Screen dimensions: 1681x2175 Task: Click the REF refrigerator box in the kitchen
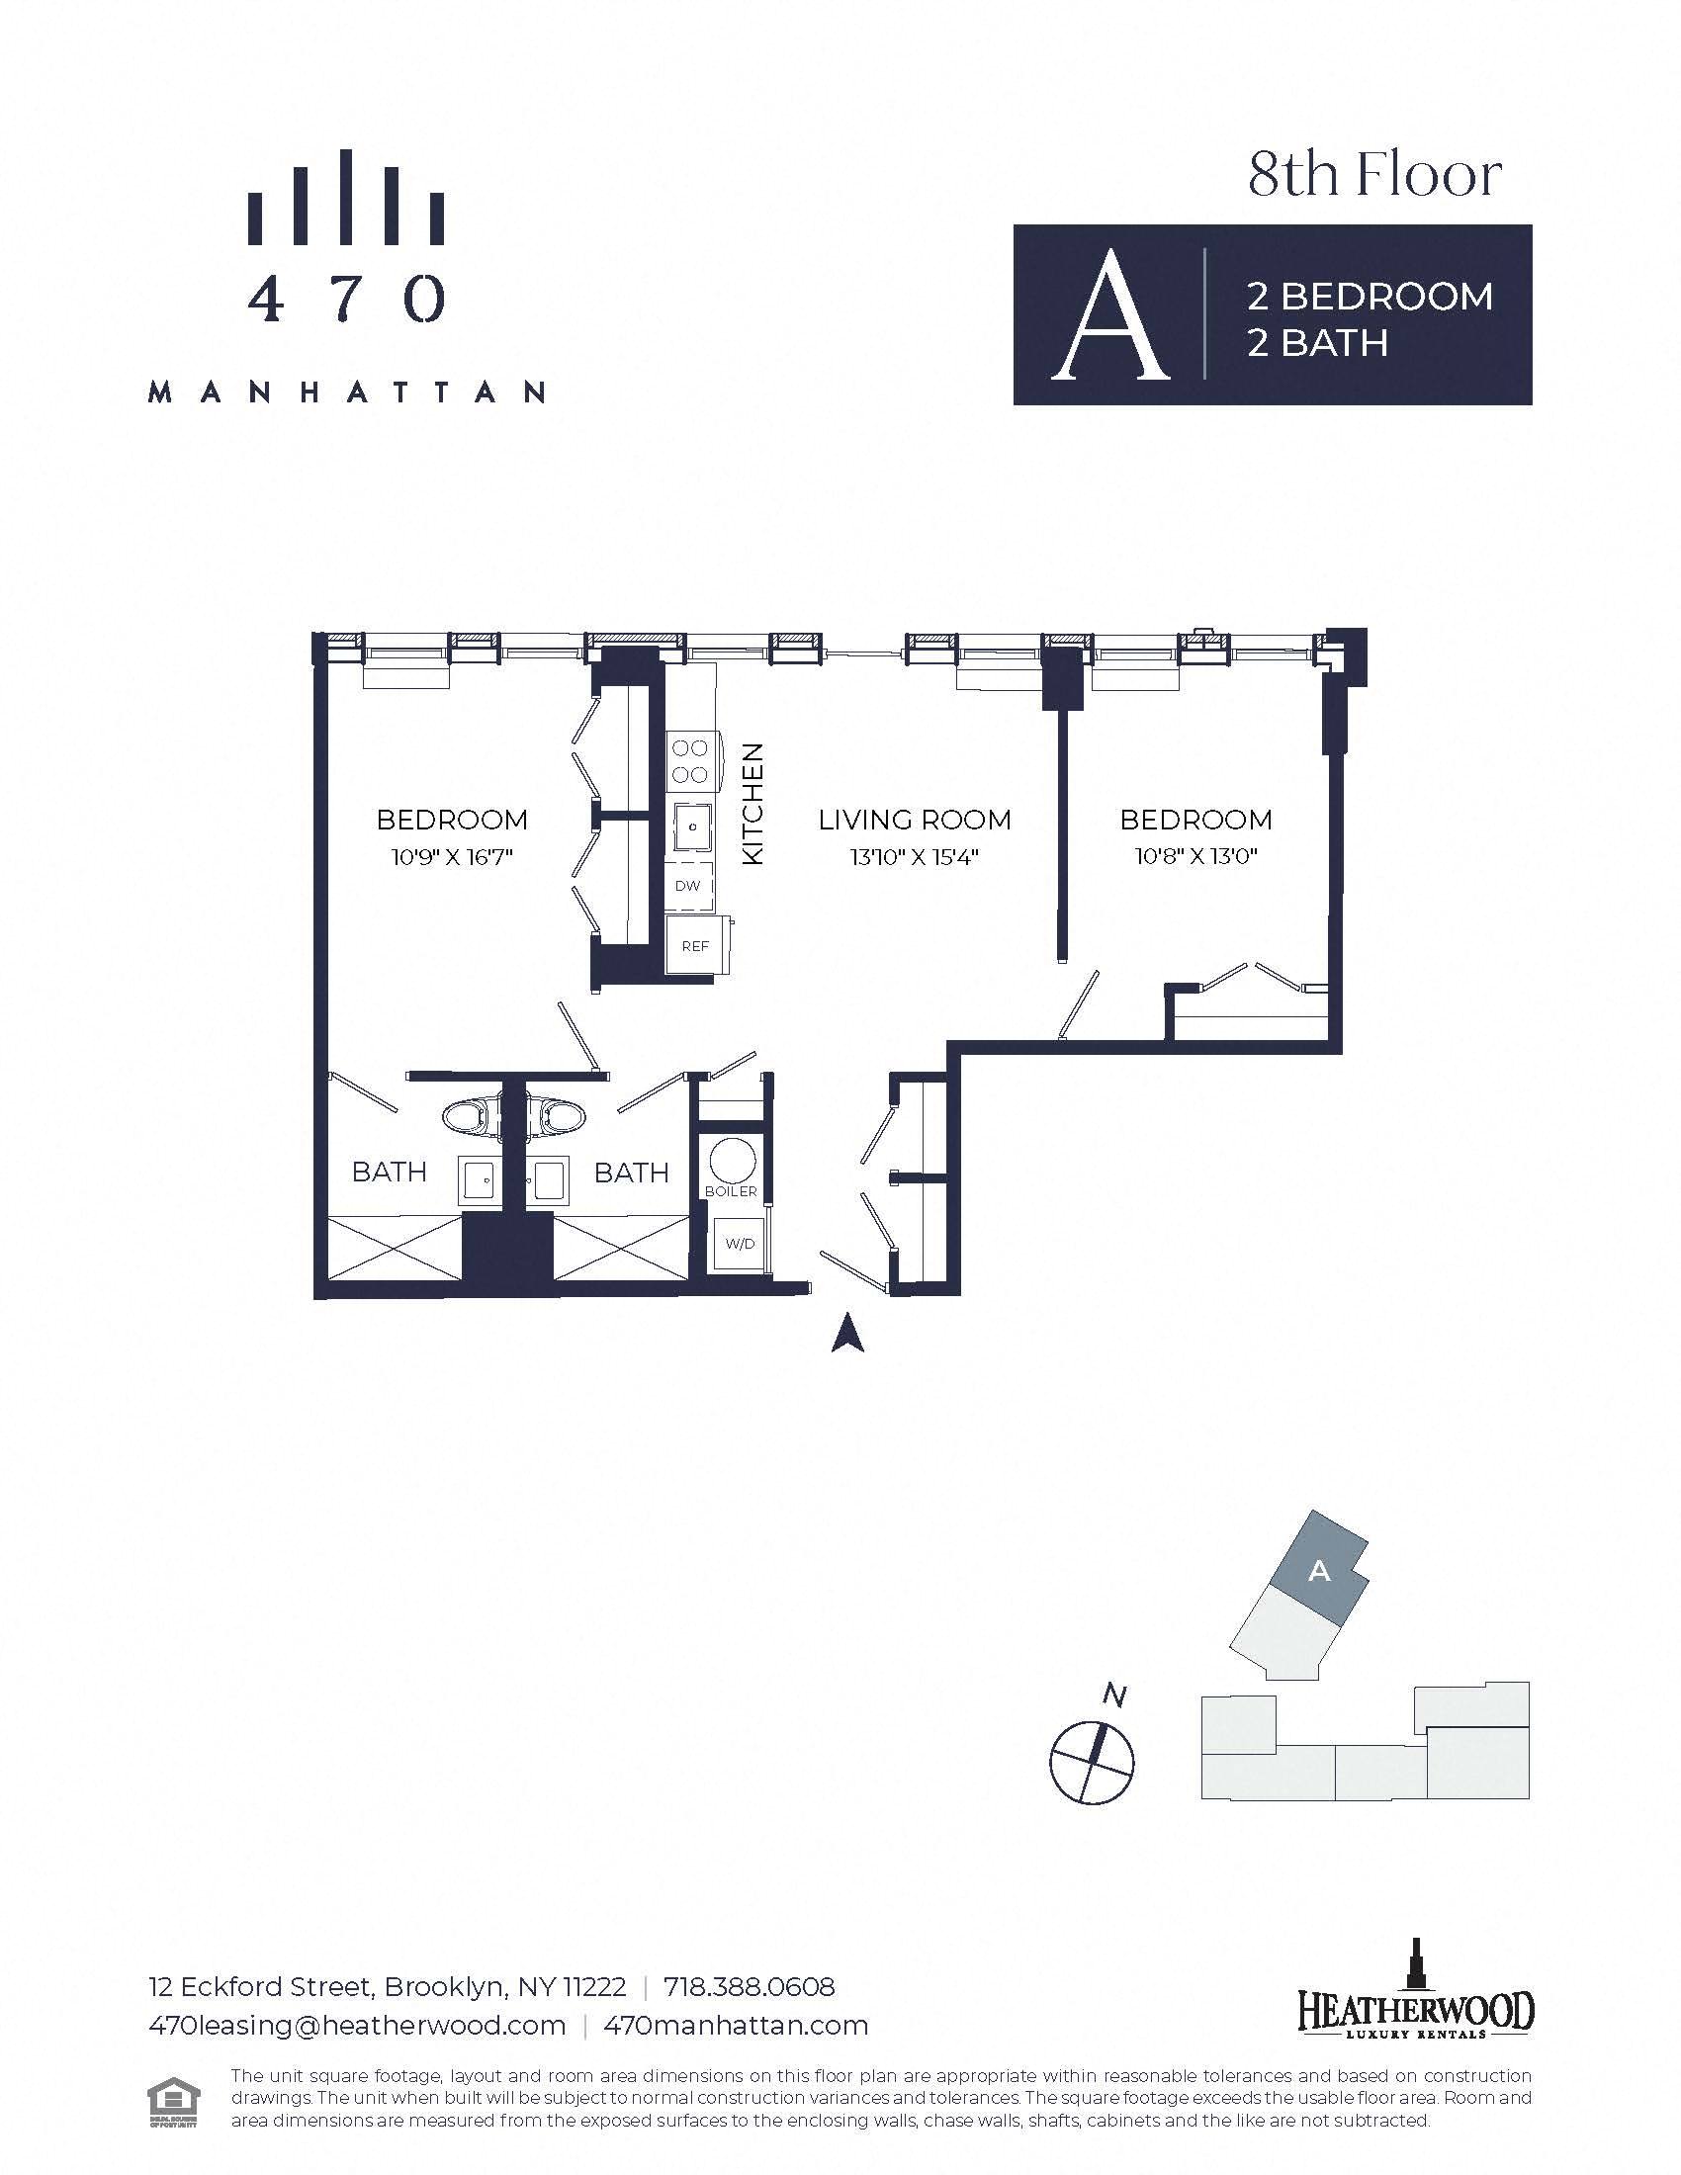click(x=697, y=945)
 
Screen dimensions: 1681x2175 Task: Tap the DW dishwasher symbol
click(x=689, y=886)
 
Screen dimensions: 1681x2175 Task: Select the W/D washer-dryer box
click(x=738, y=1244)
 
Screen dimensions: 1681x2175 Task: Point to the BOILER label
click(x=731, y=1191)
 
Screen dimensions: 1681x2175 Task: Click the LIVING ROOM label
click(x=915, y=820)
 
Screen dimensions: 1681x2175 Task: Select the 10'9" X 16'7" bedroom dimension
click(x=452, y=856)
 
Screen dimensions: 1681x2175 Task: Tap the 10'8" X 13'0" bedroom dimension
click(x=1195, y=856)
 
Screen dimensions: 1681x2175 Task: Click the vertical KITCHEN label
click(x=752, y=804)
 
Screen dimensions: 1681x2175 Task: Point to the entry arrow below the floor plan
click(x=847, y=1333)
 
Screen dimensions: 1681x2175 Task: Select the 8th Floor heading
click(x=1375, y=175)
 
